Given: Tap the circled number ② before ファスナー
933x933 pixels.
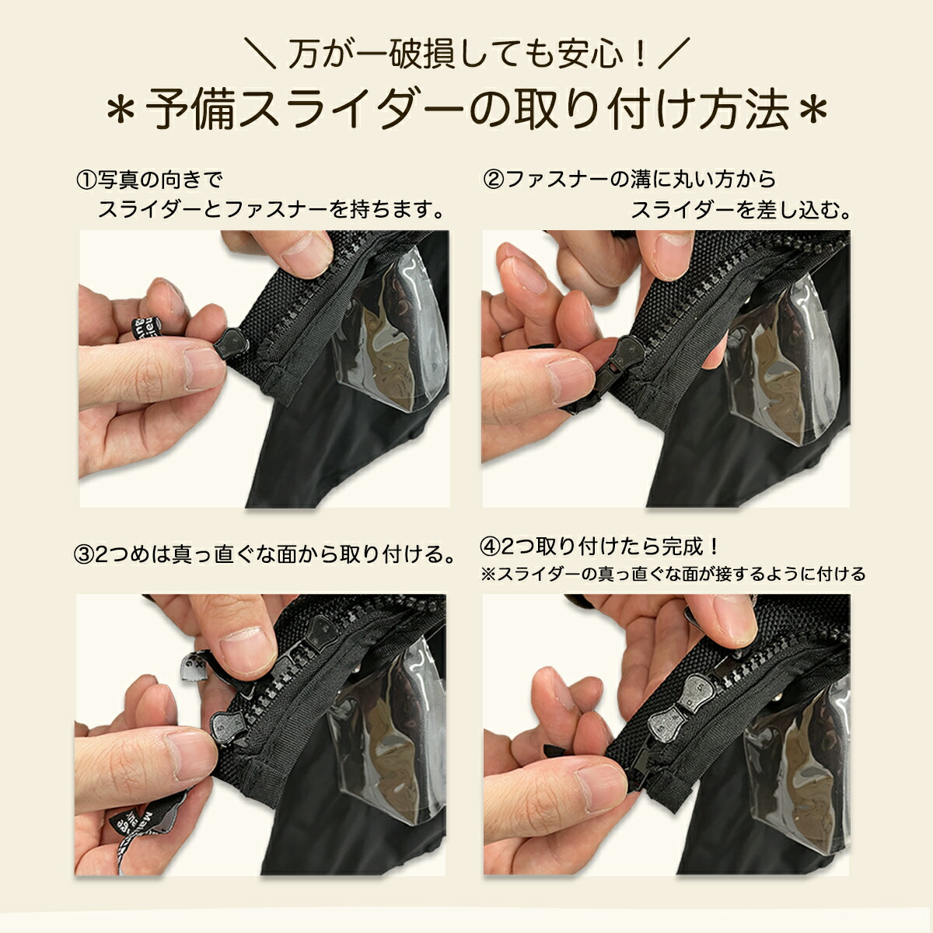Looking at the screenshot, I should [494, 181].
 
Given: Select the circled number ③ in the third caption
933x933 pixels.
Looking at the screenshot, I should [85, 555].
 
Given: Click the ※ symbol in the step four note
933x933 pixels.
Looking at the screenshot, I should [488, 575].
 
